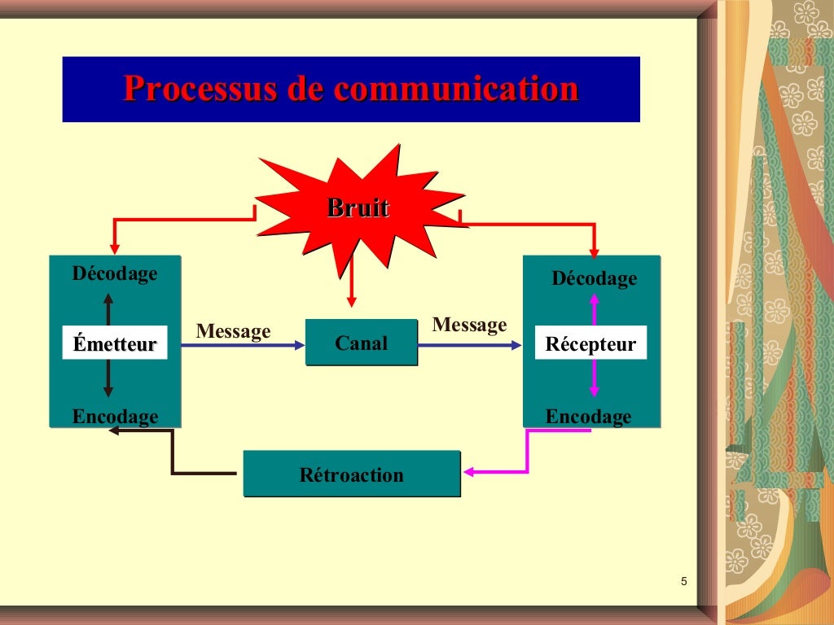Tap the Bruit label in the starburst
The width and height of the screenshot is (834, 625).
[358, 208]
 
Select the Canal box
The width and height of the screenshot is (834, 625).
[361, 343]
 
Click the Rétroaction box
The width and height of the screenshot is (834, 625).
[351, 474]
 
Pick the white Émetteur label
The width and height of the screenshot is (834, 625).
[114, 343]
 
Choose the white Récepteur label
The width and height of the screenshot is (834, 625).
[590, 343]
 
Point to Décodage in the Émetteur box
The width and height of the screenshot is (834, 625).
[115, 273]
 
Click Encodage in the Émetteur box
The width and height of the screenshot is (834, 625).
[115, 417]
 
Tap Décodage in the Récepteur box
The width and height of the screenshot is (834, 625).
[595, 279]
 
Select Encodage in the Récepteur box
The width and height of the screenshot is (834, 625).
[588, 417]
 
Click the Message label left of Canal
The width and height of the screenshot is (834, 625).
[233, 331]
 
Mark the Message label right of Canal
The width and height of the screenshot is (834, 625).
[469, 326]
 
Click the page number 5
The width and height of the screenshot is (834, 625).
[683, 581]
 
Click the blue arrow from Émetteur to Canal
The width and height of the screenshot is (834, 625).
[242, 345]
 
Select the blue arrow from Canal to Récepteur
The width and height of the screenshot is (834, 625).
[469, 345]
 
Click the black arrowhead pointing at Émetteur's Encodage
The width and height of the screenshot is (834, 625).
[115, 431]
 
